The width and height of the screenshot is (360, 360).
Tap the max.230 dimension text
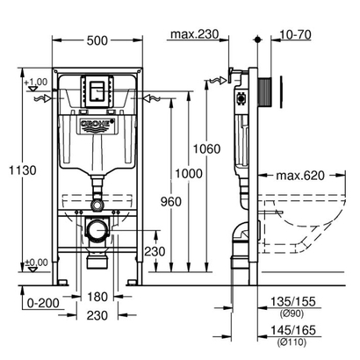point(194,34)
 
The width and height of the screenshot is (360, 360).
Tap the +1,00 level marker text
point(37,81)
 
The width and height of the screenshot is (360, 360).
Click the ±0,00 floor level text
point(37,261)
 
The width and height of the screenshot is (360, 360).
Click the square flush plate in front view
point(97,90)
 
